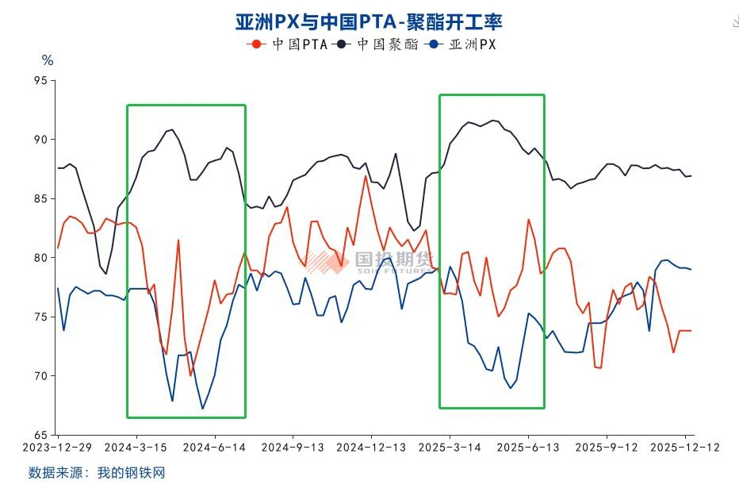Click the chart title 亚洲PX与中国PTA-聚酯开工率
[369, 21]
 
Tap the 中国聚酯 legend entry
[378, 44]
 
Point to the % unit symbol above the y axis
[47, 60]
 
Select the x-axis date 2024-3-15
[136, 448]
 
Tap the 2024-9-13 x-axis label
[293, 448]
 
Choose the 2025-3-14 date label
[450, 448]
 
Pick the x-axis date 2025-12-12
[685, 448]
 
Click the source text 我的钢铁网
[131, 473]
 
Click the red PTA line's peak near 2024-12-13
[366, 175]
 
